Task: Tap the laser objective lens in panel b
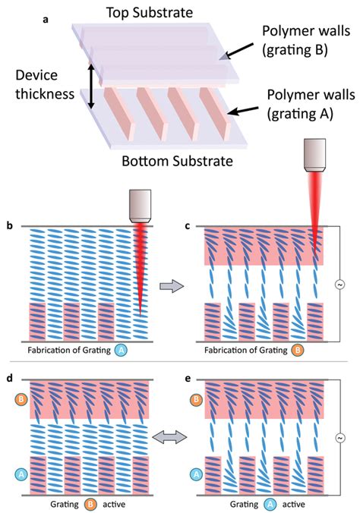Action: [141, 204]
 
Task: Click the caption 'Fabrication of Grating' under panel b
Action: [74, 350]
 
